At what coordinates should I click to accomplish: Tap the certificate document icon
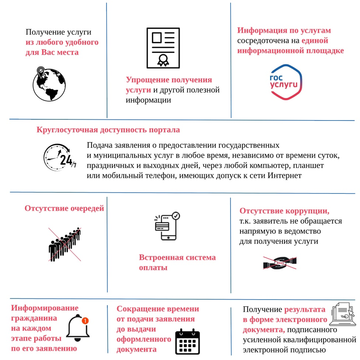tap(163, 48)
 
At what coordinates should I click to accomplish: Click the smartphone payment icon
tap(167, 226)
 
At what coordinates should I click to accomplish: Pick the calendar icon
tap(187, 341)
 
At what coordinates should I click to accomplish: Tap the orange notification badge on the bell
tap(85, 321)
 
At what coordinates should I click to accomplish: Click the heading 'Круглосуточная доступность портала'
tap(108, 130)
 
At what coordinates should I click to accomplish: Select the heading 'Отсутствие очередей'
tap(64, 209)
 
